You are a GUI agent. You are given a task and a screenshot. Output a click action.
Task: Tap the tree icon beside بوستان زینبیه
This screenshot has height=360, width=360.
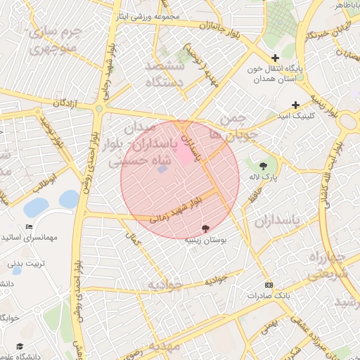[x=205, y=229]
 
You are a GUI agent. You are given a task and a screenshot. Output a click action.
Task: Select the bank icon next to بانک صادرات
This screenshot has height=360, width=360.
[x=269, y=285]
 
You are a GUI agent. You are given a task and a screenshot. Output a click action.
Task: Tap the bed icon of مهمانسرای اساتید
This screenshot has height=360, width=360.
[x=29, y=227]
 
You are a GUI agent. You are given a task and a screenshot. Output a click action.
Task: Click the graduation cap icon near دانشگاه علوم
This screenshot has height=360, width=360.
[x=20, y=347]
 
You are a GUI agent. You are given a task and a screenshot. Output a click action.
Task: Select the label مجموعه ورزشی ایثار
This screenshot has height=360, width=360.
[x=147, y=16]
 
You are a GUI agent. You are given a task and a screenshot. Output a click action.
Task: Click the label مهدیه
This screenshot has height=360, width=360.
[x=164, y=347]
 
